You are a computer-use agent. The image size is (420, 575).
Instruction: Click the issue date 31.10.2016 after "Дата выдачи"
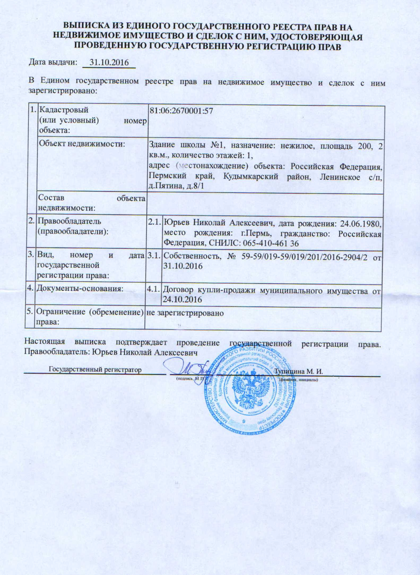(109, 62)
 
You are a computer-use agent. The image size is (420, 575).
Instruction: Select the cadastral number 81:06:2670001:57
(181, 111)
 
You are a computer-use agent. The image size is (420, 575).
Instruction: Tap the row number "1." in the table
(33, 109)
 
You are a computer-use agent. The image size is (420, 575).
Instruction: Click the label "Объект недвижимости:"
(82, 144)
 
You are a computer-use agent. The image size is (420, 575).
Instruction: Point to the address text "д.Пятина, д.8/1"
(176, 185)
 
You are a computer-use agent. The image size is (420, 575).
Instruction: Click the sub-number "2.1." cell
(154, 222)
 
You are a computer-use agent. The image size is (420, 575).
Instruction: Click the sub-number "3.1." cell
(154, 256)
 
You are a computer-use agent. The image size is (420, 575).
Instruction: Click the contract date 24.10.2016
(182, 299)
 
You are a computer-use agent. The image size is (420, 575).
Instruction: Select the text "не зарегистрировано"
(185, 313)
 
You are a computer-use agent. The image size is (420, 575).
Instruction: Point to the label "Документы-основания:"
(80, 288)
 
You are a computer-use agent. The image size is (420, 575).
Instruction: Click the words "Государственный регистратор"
(95, 370)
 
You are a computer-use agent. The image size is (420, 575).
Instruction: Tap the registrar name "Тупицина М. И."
(299, 371)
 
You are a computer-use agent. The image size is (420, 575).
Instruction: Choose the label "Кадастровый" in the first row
(64, 109)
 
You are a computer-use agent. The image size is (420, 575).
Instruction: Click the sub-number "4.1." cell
(153, 289)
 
